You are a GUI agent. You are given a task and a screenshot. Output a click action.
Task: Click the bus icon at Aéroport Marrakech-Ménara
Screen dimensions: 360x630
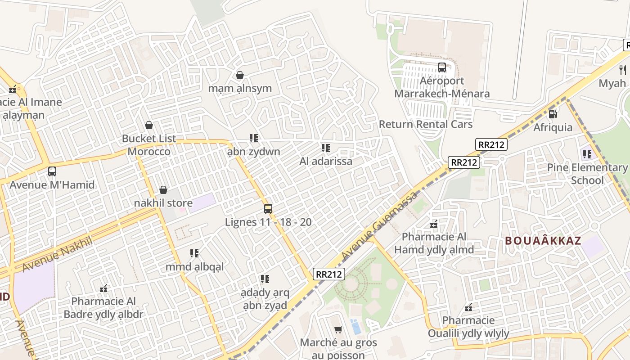click(442, 67)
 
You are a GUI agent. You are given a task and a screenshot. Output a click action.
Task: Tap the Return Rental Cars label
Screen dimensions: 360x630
click(426, 124)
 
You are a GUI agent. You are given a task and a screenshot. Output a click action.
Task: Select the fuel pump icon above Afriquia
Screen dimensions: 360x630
click(553, 114)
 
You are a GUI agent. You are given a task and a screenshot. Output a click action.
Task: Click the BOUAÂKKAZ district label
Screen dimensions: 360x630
click(543, 241)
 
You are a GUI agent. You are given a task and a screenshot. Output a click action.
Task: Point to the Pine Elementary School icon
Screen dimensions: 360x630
click(587, 155)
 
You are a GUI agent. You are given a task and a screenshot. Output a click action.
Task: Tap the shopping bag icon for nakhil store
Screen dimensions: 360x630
click(163, 190)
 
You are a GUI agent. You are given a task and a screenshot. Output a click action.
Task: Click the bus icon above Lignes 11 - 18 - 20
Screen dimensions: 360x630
click(268, 209)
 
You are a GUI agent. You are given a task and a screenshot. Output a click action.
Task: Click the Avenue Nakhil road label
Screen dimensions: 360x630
click(57, 254)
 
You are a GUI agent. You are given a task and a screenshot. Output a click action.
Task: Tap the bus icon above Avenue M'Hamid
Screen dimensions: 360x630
click(52, 171)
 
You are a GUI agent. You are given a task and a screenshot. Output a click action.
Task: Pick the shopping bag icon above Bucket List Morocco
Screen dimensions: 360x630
click(149, 125)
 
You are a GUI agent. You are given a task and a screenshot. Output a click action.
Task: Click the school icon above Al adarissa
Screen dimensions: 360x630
click(326, 148)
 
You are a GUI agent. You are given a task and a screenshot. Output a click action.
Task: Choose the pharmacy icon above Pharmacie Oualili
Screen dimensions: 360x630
click(468, 308)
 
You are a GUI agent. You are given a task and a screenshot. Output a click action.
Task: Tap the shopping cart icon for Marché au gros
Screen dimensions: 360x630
click(338, 330)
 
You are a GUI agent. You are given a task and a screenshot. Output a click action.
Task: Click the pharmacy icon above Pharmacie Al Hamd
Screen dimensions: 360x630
click(434, 224)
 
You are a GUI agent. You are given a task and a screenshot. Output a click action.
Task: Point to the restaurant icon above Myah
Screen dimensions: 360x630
click(623, 70)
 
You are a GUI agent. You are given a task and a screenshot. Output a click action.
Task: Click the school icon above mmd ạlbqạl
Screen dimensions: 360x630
click(194, 254)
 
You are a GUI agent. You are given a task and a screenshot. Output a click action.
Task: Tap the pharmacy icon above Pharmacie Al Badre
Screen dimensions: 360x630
click(103, 288)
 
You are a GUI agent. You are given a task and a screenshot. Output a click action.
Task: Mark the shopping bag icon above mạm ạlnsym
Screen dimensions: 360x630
click(240, 75)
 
